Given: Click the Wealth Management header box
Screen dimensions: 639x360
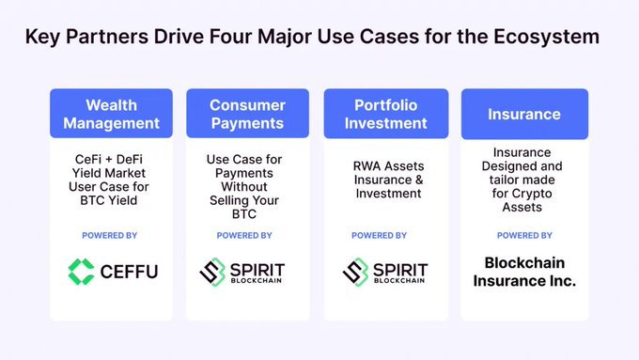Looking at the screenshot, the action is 111,114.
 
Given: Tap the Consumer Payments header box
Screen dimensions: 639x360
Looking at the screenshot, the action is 247,114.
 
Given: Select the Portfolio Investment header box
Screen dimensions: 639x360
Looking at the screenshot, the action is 386,114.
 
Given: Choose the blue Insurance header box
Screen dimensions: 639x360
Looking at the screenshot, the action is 524,114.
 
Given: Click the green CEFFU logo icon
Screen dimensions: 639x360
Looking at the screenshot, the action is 81,272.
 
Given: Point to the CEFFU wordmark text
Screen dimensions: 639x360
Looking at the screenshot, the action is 129,272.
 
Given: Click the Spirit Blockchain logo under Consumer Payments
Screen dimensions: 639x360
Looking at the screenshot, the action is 242,272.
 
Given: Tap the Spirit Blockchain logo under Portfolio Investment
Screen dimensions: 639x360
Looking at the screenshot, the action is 385,272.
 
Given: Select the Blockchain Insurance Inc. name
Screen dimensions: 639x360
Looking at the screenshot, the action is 524,272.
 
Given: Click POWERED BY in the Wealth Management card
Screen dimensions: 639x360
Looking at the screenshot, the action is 110,236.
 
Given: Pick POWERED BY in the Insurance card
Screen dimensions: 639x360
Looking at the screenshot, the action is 524,236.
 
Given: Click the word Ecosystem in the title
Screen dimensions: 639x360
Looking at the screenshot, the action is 547,37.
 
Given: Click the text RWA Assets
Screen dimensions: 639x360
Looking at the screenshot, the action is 388,166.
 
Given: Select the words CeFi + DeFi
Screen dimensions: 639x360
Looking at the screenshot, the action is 109,160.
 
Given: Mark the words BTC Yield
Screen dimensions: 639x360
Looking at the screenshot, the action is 109,200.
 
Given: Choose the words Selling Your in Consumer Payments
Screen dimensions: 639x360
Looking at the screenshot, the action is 244,200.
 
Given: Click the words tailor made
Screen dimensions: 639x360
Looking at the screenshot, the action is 522,180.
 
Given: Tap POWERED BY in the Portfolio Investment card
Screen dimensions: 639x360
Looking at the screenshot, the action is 379,236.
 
